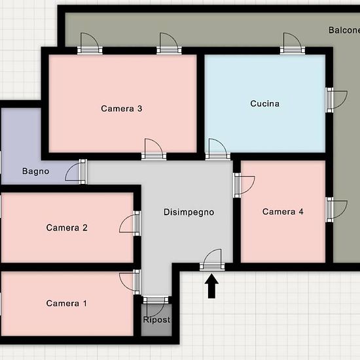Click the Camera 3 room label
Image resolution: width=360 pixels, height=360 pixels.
122,109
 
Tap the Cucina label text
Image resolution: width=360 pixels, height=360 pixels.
264,103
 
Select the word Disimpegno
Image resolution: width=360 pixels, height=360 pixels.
189,212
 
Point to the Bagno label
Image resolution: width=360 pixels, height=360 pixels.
35,171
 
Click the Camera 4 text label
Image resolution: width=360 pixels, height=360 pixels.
283,211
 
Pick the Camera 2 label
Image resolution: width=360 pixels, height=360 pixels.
67,228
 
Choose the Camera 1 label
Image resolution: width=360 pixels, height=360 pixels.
67,303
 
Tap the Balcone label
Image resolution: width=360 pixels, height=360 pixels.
344,30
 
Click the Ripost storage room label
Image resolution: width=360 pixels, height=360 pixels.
156,319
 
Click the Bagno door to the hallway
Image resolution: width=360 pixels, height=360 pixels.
76,171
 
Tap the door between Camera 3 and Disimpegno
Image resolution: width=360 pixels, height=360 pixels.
154,149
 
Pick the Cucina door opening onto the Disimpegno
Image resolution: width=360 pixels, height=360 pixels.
218,149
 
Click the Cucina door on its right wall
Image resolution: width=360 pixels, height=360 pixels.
337,100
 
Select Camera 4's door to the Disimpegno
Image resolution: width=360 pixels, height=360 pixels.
244,185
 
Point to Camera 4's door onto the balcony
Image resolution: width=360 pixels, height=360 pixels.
337,209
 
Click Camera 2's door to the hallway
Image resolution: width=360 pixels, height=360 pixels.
130,223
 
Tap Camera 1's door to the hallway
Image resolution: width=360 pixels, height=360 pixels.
130,282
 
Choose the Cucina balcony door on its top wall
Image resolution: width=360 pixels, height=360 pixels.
293,43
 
